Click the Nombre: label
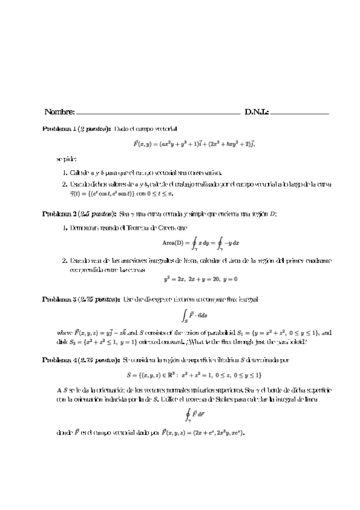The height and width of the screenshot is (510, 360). [59, 112]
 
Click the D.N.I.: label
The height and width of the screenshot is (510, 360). [257, 112]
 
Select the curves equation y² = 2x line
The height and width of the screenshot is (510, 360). [201, 279]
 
